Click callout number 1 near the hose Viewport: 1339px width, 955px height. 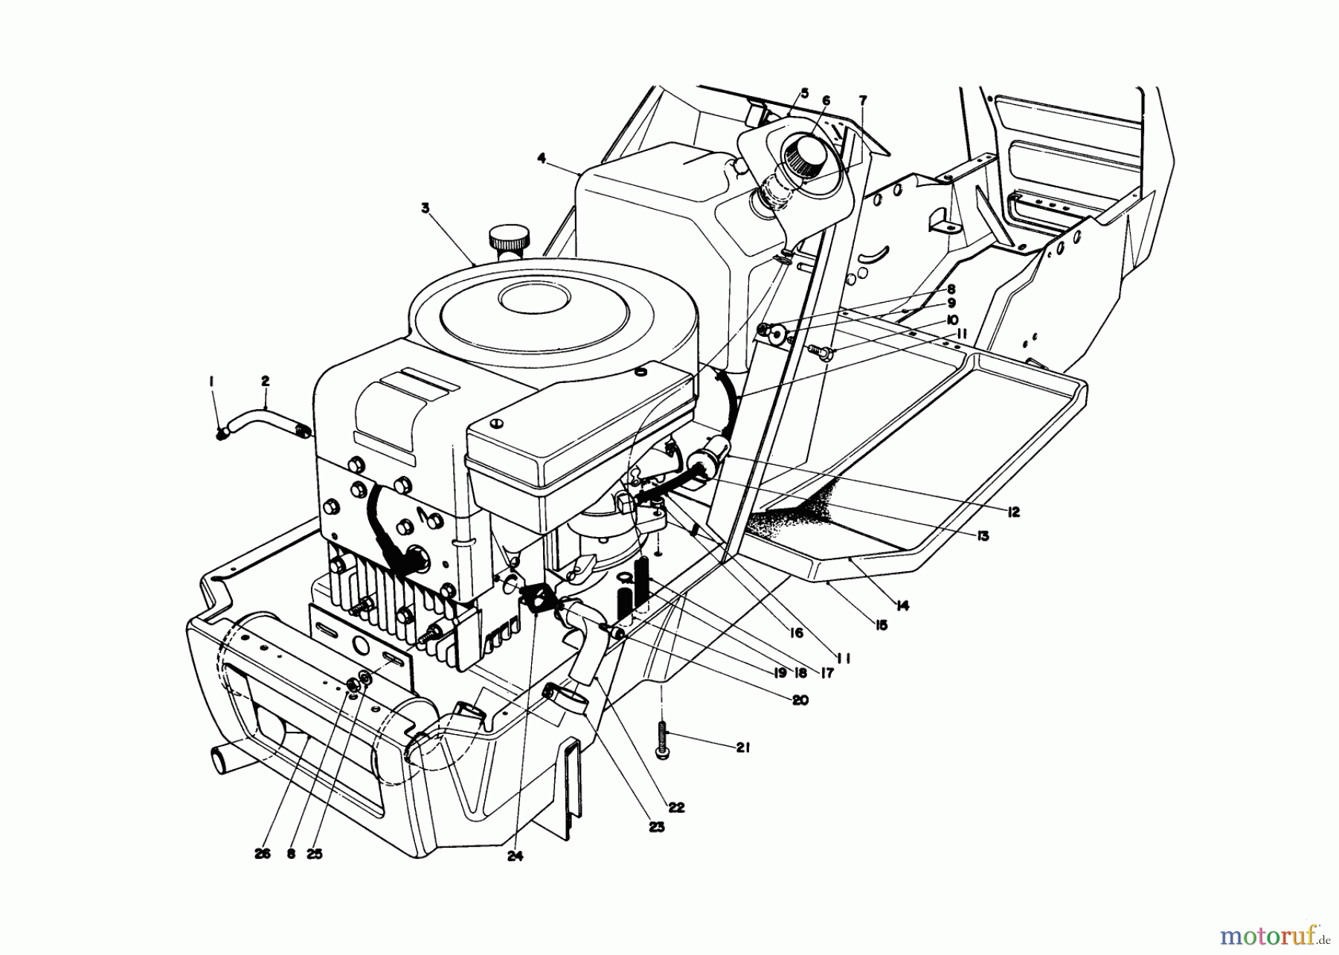(x=212, y=382)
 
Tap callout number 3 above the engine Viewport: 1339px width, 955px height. (x=425, y=209)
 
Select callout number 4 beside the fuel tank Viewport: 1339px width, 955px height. (x=542, y=158)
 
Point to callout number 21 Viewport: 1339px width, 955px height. (x=742, y=747)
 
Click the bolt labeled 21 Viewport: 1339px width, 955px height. (x=661, y=741)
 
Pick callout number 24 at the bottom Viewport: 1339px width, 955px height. (x=516, y=856)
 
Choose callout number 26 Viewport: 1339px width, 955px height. (x=261, y=854)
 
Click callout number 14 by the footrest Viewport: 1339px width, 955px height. (x=902, y=606)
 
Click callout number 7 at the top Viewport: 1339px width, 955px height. (x=862, y=100)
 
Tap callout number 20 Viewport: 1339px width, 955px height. (x=800, y=700)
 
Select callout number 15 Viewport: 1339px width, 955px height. (x=881, y=626)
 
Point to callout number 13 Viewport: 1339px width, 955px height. (x=983, y=536)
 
